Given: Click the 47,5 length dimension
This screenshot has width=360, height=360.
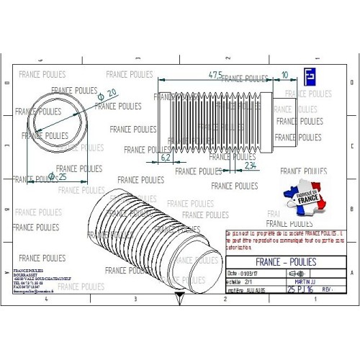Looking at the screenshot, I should (215, 75).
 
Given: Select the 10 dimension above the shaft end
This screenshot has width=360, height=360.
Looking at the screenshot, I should (285, 75).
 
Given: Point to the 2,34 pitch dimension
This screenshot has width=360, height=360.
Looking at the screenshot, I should (249, 165).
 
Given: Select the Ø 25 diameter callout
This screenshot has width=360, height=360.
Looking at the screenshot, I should (57, 176).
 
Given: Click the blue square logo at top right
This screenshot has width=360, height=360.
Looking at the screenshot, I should (310, 77).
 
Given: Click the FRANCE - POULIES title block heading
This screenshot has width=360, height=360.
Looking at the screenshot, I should (286, 261).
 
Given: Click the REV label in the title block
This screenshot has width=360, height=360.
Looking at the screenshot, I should (328, 289).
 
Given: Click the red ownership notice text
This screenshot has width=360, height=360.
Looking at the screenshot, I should (284, 239).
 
